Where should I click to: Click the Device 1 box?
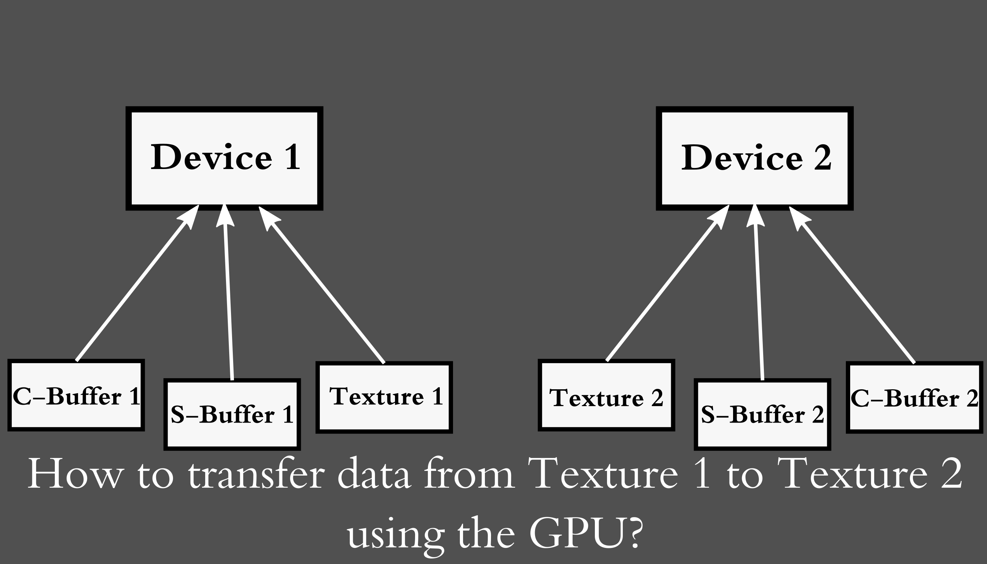tap(224, 158)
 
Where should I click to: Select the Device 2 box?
tap(755, 158)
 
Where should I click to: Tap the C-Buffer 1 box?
tap(76, 395)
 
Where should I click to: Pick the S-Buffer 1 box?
tap(232, 414)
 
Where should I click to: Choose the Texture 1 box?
tap(384, 397)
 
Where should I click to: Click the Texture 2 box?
tap(606, 395)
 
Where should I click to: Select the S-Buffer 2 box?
tap(762, 414)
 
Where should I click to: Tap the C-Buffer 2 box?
tap(915, 397)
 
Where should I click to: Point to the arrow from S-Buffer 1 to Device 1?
tap(228, 294)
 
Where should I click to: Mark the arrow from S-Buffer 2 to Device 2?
tap(759, 294)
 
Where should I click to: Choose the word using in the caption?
tap(395, 535)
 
